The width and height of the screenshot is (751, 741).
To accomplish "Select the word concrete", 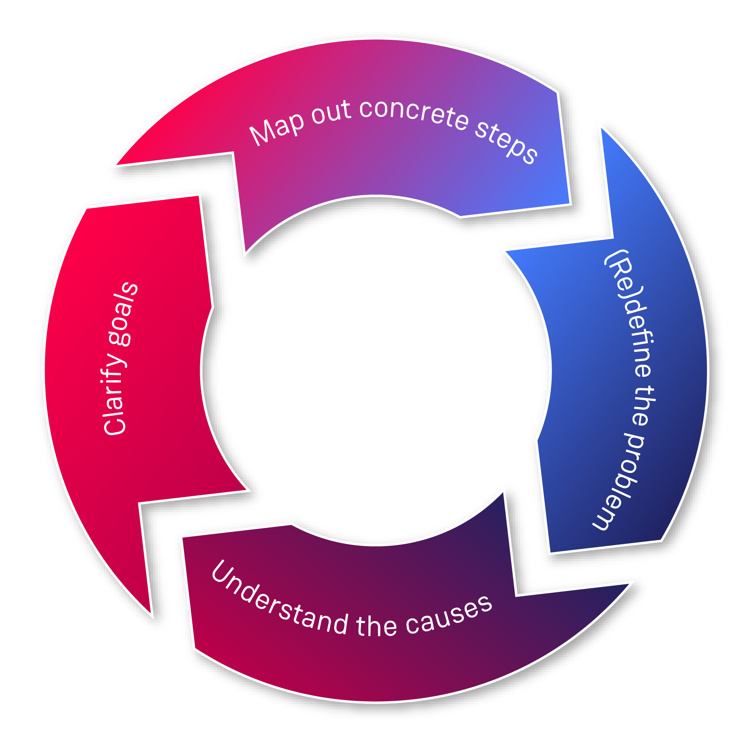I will pos(413,113).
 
